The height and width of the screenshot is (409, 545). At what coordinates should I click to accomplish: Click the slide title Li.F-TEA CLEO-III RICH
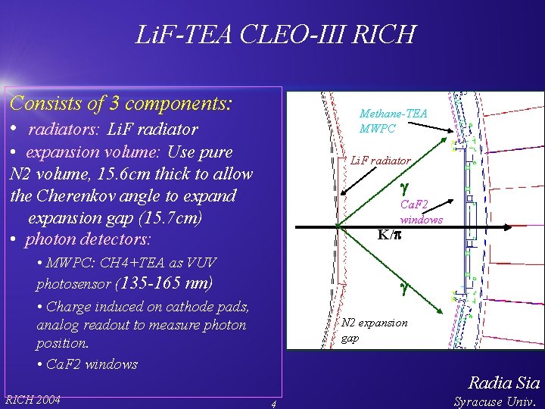tap(274, 34)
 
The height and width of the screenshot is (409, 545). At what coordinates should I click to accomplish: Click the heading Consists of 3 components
tap(121, 101)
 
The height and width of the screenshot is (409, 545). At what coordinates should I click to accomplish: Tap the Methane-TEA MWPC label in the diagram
tap(394, 121)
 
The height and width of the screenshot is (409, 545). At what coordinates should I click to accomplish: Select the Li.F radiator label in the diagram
tap(381, 161)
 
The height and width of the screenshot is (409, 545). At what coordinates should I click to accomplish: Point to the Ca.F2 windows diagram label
tap(422, 211)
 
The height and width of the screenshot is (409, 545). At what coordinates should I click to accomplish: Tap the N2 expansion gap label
tap(374, 329)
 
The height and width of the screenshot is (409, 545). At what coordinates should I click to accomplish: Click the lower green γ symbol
tap(404, 287)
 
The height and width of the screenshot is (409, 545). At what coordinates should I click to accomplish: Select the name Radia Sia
tap(504, 382)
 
